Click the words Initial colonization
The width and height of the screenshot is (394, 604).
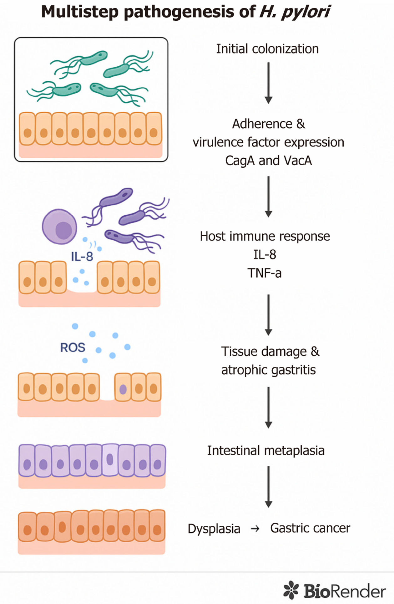coord(267,49)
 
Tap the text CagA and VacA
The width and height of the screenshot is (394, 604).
coord(268,161)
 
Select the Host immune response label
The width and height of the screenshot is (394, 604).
coord(265,236)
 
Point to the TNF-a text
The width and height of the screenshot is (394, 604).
coord(265,273)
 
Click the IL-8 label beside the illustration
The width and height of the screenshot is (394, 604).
coord(82,257)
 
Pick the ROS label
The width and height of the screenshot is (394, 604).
coord(73,347)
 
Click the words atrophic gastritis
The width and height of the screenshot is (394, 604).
coord(268,370)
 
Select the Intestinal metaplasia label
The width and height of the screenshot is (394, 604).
coord(266,451)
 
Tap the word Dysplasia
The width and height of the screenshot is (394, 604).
coord(214,529)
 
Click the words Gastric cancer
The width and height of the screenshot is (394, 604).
coord(310,528)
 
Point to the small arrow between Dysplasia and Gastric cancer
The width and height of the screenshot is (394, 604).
coord(255,529)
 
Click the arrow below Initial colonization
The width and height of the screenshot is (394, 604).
coord(268,83)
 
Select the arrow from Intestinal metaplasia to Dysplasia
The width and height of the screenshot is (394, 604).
coord(268,487)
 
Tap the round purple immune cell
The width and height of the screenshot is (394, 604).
coord(59,227)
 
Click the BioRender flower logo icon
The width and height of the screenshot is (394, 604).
coord(291,590)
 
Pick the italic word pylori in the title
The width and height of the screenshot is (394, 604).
coord(306,13)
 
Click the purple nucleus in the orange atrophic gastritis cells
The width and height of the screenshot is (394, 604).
coord(123,389)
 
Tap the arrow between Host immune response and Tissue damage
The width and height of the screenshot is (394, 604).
coord(268,315)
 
